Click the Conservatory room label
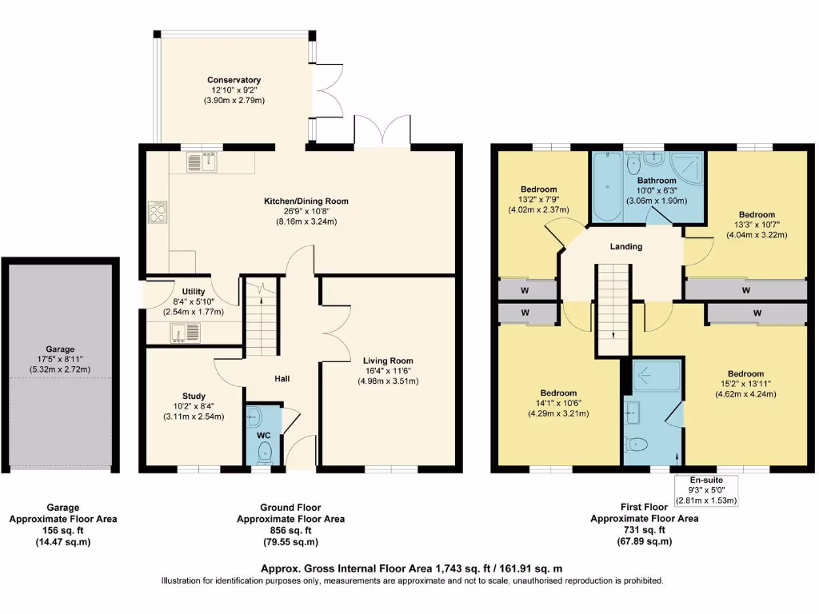tap(234, 80)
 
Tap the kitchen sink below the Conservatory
tap(202, 164)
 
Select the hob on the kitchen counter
tap(158, 211)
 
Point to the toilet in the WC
tap(265, 453)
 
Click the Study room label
tap(194, 397)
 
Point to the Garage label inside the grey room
tap(60, 349)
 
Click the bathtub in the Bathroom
tap(607, 187)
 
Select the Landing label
tap(625, 246)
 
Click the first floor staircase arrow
tap(613, 335)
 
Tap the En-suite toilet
tap(640, 445)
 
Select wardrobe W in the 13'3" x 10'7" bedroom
tap(745, 289)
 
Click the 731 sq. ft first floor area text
tap(645, 530)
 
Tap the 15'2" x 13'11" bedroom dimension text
tap(745, 385)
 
